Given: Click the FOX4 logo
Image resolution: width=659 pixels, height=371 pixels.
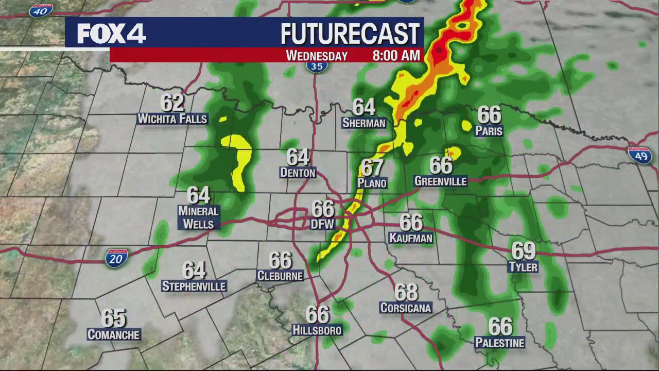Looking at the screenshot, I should point(111,33).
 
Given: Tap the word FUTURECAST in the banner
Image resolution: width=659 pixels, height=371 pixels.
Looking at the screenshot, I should point(350,34).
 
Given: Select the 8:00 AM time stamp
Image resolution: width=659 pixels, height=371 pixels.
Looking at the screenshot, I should point(396,56).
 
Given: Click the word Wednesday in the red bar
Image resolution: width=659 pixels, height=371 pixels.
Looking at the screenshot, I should point(317,56).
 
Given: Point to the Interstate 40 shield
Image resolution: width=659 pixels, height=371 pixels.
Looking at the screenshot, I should point(41,10).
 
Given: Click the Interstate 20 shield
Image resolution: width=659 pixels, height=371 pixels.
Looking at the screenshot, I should point(116,258).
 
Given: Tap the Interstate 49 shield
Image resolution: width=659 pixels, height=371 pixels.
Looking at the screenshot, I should point(640,155).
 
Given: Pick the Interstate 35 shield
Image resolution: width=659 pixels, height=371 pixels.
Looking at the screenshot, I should point(317,66).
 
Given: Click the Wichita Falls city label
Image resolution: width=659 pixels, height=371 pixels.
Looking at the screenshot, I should point(172,119).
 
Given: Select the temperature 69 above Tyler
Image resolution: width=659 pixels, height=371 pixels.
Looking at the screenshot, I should point(523,251).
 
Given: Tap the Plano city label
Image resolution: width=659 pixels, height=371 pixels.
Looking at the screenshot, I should point(372,183).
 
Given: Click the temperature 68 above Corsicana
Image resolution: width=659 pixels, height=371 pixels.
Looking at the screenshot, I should point(406,293).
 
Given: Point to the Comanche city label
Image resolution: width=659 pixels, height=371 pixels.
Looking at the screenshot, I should point(113,335).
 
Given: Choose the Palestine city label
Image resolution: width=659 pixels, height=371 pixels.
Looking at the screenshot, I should point(500,343).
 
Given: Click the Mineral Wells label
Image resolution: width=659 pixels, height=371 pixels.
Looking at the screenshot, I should point(198,217).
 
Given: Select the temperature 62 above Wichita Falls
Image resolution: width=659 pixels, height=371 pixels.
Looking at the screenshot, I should point(172,103).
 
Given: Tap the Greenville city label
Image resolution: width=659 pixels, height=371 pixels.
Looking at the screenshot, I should point(440,181).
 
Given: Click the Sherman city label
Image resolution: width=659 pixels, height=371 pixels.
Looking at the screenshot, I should point(363,123).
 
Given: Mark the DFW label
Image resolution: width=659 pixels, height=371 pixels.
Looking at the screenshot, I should point(322,225).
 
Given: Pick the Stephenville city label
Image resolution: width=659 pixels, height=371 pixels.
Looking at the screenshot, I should point(194,286).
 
